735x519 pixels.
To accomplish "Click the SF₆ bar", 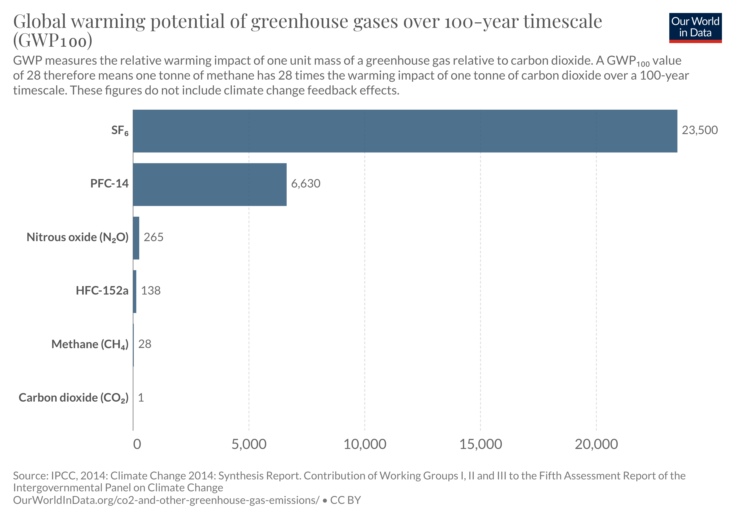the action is click(x=405, y=131).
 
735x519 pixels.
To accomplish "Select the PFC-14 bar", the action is click(x=210, y=184).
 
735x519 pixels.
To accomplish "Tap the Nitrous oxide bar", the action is click(x=136, y=238).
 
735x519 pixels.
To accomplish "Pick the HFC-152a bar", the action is click(x=135, y=291).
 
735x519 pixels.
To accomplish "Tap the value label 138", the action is click(x=151, y=291).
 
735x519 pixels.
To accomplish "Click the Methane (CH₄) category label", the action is click(x=90, y=344).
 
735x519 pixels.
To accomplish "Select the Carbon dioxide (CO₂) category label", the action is click(x=74, y=398).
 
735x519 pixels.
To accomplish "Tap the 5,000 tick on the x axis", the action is click(x=249, y=444).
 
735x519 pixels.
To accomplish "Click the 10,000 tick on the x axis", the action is click(x=365, y=444).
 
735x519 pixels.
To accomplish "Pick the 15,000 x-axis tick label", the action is click(x=481, y=444).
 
